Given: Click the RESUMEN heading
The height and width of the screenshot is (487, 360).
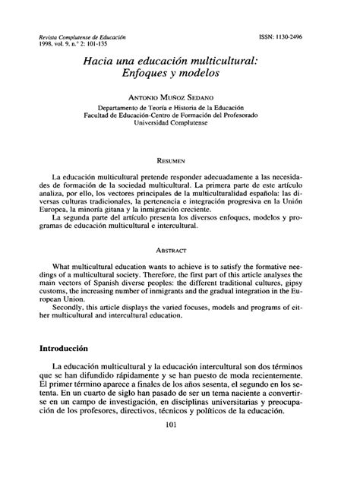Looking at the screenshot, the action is [x=179, y=161].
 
